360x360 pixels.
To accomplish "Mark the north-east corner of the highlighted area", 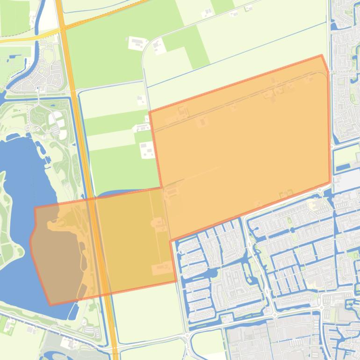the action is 322,56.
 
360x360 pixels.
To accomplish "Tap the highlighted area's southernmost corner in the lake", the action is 50,305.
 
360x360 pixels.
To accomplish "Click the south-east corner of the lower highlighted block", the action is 176,281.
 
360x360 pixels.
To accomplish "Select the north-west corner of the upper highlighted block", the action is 150,112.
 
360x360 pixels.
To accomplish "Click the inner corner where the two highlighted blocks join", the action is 162,188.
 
